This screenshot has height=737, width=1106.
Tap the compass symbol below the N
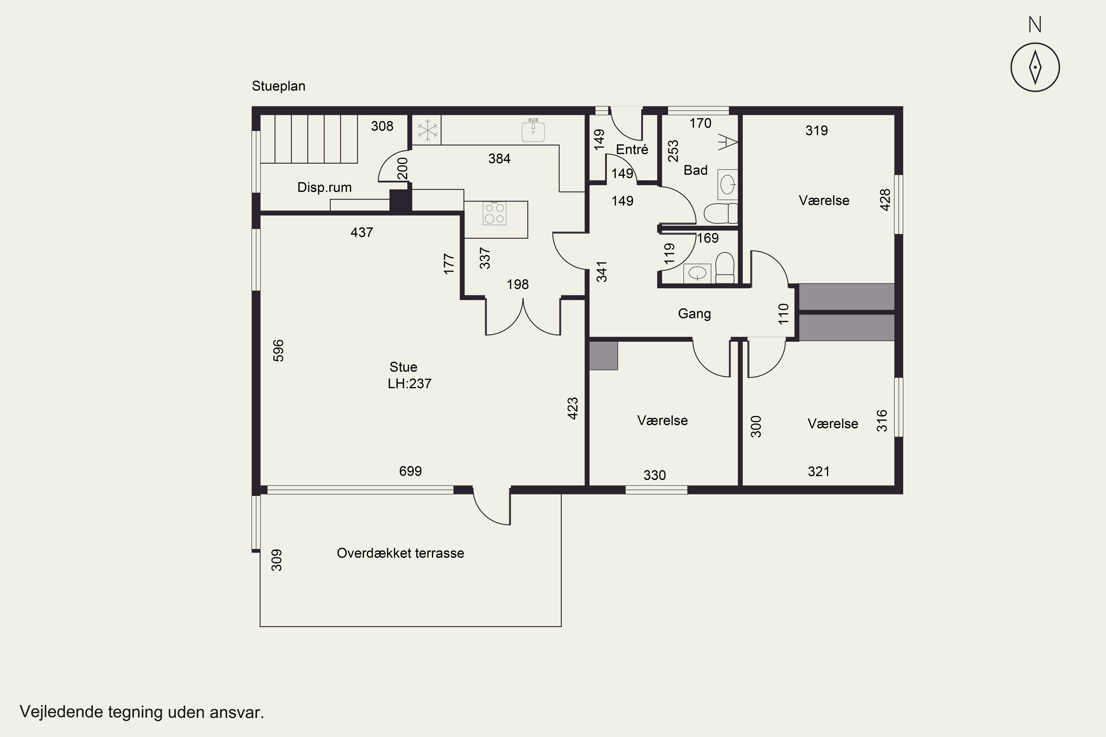point(1035,67)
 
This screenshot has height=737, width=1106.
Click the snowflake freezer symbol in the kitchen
point(427,130)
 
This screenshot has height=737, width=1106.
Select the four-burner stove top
point(494,213)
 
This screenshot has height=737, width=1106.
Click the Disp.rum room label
point(324,188)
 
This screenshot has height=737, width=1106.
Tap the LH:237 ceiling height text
point(410,384)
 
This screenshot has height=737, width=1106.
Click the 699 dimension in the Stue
point(411,471)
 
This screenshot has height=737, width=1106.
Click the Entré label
point(632,150)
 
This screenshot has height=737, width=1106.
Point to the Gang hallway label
point(695,314)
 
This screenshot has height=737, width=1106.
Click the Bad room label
point(695,170)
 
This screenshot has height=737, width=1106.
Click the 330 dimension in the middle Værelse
point(655,475)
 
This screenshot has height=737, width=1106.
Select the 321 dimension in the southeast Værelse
point(819,471)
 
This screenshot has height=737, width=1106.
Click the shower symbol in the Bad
point(727,142)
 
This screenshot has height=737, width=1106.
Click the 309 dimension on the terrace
point(277,560)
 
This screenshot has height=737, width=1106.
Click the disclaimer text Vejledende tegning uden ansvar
point(142,712)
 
